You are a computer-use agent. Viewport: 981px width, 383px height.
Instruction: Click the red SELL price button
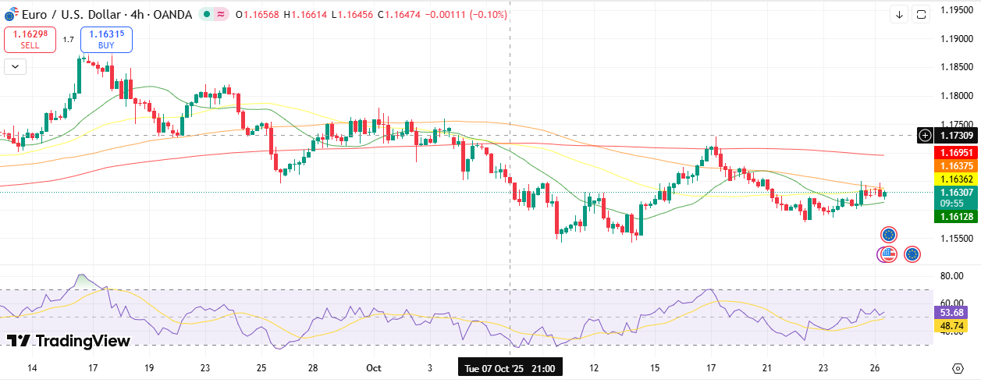[30, 39]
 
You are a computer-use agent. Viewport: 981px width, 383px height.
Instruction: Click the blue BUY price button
[106, 39]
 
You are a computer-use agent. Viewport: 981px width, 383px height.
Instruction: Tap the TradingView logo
[69, 340]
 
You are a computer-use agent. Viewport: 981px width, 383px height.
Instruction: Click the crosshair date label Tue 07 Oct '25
[510, 367]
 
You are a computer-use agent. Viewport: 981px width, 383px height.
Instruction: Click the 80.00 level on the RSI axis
[950, 276]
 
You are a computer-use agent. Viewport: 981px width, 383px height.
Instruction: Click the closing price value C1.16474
[398, 15]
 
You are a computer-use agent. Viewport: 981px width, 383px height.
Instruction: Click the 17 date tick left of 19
[92, 367]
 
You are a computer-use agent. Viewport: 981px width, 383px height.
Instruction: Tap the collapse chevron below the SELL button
[15, 66]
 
